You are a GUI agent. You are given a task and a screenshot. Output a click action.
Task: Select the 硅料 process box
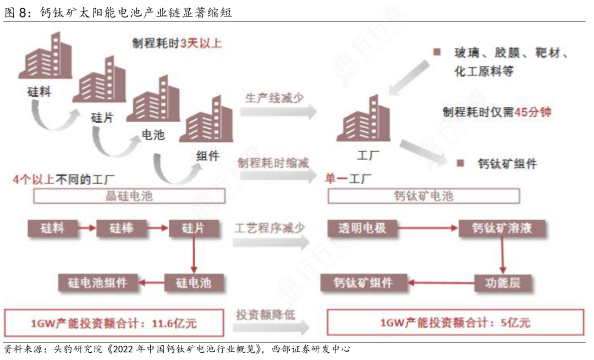point(52,228)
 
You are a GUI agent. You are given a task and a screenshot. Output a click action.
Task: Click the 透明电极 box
point(358,228)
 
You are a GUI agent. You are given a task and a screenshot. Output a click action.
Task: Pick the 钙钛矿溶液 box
point(502,228)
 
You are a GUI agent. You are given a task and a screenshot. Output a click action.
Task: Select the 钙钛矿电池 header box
point(424,196)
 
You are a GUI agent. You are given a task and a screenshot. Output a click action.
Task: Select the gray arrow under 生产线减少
point(278,112)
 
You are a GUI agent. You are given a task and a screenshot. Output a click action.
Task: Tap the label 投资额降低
point(266,314)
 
